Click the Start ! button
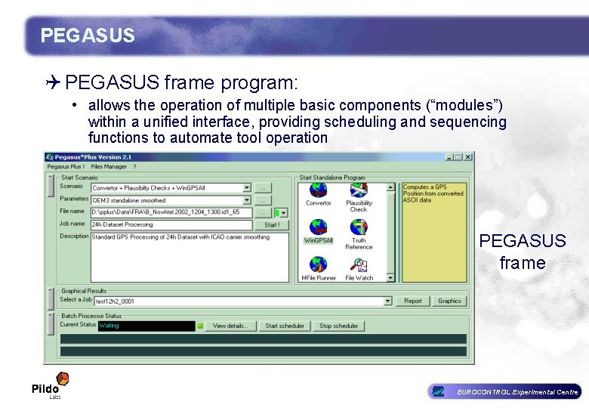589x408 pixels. [x=271, y=224]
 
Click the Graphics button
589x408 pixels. [x=449, y=301]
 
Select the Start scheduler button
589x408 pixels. [x=285, y=326]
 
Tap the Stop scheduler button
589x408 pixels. [x=338, y=326]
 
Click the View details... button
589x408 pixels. [x=230, y=326]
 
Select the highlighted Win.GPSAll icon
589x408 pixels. [x=319, y=228]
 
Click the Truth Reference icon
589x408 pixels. [x=359, y=228]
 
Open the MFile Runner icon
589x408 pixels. [x=319, y=265]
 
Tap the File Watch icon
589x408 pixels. [x=359, y=265]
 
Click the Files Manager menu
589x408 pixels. [x=109, y=166]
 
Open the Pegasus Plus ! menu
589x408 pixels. [x=66, y=166]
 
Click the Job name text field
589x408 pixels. [x=171, y=224]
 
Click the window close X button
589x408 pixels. [x=469, y=156]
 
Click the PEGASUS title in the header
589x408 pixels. [x=88, y=36]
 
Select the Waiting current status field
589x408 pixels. [x=146, y=326]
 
